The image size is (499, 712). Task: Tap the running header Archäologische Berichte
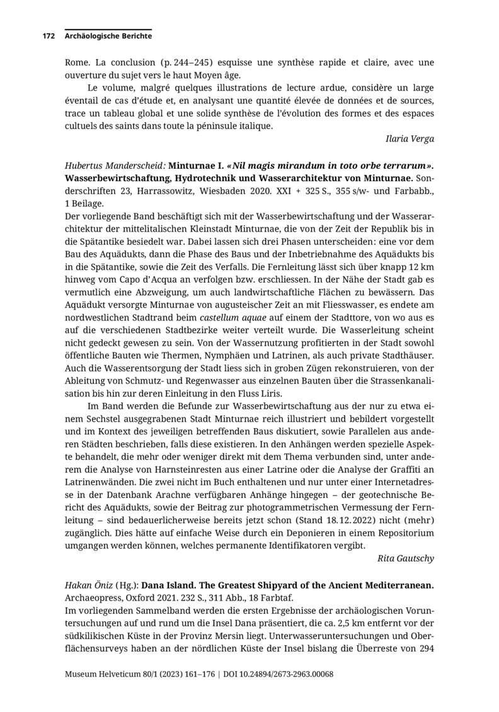click(x=108, y=37)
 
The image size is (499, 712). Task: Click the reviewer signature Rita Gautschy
click(x=406, y=558)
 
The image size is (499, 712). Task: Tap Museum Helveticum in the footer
click(x=105, y=674)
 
